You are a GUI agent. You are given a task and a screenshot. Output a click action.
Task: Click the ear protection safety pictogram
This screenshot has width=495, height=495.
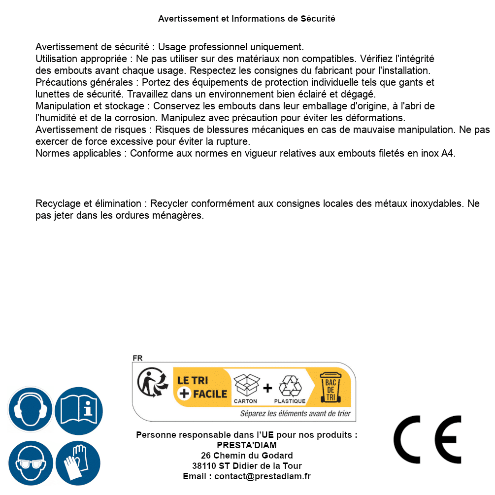[x=31, y=409]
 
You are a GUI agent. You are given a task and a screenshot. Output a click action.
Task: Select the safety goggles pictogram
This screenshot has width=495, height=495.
[x=31, y=463]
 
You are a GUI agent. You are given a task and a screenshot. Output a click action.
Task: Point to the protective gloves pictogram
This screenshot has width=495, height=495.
[x=78, y=463]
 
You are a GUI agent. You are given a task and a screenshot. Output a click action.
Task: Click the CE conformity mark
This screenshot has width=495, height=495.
[x=428, y=439]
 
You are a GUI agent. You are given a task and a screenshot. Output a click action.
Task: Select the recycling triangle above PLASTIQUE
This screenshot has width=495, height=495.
[x=290, y=386]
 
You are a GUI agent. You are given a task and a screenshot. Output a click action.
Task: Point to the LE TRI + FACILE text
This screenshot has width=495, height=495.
[x=202, y=387]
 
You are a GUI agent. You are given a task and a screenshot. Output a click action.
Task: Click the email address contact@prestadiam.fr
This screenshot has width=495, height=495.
[x=263, y=476]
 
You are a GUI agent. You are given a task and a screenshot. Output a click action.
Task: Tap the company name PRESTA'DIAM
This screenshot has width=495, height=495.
[x=247, y=445]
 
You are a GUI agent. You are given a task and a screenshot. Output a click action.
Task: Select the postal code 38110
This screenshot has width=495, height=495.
[x=203, y=466]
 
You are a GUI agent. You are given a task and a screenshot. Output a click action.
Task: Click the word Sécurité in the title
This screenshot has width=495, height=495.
[x=318, y=19]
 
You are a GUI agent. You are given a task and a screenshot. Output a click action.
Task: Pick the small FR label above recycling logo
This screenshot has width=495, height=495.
[x=137, y=358]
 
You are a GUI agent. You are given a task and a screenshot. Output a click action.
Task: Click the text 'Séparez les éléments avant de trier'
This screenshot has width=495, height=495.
[x=295, y=413]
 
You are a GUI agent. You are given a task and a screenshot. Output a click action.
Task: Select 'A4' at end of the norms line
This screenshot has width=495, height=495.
[x=447, y=153]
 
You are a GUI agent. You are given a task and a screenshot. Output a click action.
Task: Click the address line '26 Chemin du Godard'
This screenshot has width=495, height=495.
[x=247, y=456]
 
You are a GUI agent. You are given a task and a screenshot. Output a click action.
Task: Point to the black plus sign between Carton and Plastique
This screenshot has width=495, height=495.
[x=267, y=388]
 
